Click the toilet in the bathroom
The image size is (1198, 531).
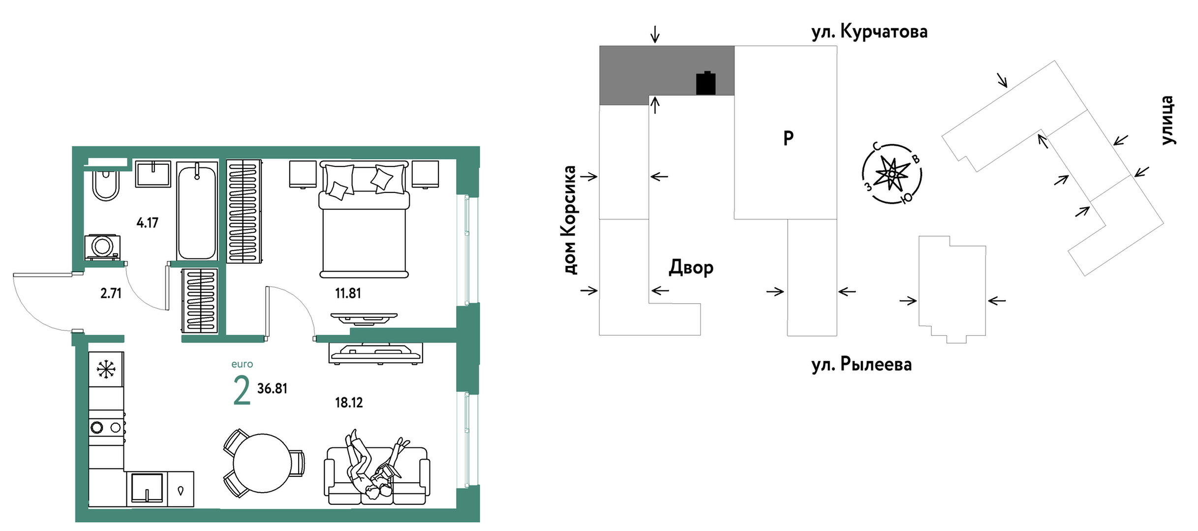tap(106, 186)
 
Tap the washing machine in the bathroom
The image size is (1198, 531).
tap(103, 247)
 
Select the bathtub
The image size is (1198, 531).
tap(197, 212)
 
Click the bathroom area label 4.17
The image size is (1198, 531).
tap(147, 223)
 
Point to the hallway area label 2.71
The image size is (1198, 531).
tap(111, 294)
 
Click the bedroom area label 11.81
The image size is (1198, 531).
tap(348, 294)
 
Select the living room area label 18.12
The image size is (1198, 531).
tap(349, 403)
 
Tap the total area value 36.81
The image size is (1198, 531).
tap(272, 389)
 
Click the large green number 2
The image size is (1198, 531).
tap(242, 391)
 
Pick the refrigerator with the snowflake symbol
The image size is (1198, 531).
tap(106, 369)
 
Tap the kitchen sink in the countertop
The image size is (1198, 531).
tap(147, 488)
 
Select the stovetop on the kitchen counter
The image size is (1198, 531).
tap(106, 427)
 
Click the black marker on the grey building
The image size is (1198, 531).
tap(706, 83)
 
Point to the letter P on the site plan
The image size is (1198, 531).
tap(788, 138)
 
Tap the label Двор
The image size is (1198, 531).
tap(691, 268)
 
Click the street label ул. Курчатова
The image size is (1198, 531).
tap(869, 32)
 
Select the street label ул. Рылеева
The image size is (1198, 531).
tap(861, 365)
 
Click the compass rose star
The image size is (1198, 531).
tap(891, 173)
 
